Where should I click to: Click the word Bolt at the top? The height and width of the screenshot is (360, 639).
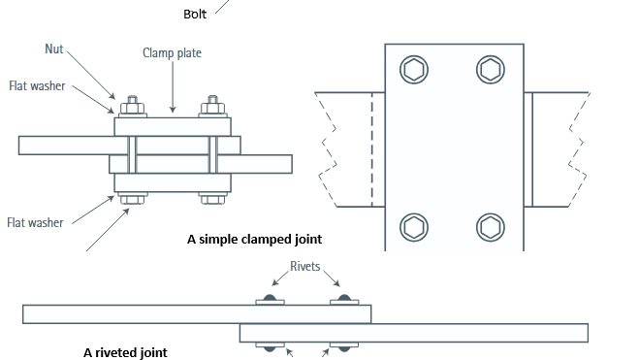pos(195,15)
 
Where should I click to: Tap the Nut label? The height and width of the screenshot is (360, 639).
pos(54,49)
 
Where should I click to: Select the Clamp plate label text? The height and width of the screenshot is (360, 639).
pos(172,53)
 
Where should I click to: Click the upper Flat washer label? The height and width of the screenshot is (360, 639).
pos(37,86)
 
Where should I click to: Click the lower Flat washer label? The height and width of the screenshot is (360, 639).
pos(36,222)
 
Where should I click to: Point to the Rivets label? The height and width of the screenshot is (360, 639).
pos(305,266)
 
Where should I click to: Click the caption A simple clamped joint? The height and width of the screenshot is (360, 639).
pos(255,239)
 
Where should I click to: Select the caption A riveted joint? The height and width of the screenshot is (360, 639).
pos(125,352)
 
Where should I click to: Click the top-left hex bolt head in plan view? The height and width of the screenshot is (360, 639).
pos(414,70)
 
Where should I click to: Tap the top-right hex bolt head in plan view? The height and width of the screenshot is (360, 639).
pos(491,70)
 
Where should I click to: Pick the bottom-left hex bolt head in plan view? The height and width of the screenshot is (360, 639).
pos(414,227)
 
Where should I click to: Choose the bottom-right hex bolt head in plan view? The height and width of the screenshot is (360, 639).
pos(491,227)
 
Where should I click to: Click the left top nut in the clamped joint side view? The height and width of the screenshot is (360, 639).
pos(132,108)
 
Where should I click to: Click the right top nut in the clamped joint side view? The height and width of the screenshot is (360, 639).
pos(212,108)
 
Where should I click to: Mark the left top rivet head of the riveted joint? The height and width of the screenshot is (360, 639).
pos(270,298)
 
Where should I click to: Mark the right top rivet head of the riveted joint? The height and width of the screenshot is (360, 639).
pos(344,298)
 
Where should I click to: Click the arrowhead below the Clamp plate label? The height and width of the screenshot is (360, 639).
pos(173,110)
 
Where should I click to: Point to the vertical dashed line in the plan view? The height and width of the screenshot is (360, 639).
pos(372,149)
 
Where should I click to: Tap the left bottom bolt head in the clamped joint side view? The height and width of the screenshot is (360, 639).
pos(132,200)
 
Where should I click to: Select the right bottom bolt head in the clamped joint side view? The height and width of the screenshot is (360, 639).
pos(212,200)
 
